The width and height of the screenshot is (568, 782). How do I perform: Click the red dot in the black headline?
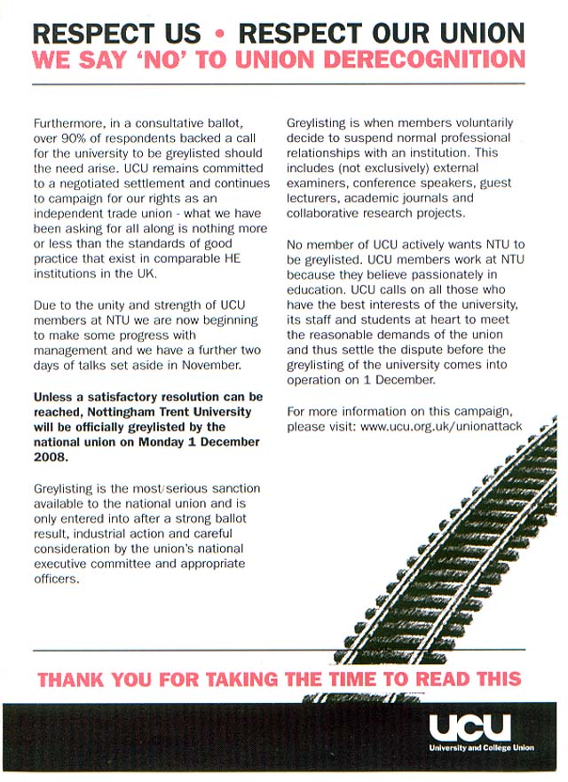(219, 35)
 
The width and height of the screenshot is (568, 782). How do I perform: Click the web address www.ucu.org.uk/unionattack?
(441, 427)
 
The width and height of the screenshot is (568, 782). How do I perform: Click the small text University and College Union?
(481, 748)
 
